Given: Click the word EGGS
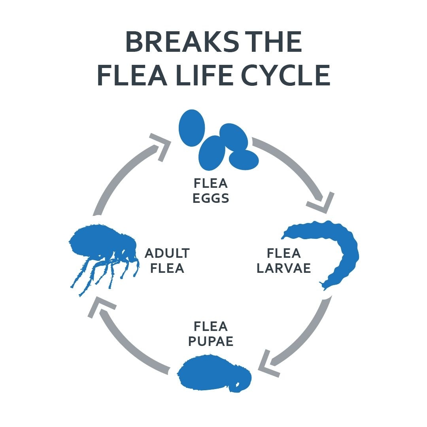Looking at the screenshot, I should (211, 198).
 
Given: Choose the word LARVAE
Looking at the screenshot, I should (283, 268).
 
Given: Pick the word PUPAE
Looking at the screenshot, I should (211, 341).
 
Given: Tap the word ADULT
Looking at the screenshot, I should (167, 253).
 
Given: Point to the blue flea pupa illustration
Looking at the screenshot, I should (213, 374).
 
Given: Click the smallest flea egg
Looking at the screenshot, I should (244, 160).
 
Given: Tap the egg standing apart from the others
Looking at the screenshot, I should (192, 128).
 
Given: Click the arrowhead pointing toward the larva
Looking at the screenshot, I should (322, 202).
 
